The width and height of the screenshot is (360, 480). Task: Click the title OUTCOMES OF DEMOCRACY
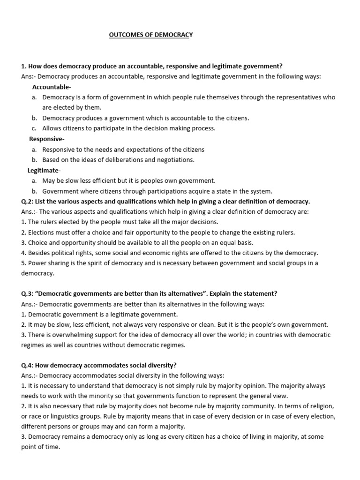coord(150,35)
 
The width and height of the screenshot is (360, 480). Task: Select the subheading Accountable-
coord(52,87)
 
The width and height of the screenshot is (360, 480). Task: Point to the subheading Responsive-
coord(46,139)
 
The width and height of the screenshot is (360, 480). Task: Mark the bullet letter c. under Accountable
coord(35,128)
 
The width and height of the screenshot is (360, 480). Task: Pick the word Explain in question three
coord(220,294)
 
